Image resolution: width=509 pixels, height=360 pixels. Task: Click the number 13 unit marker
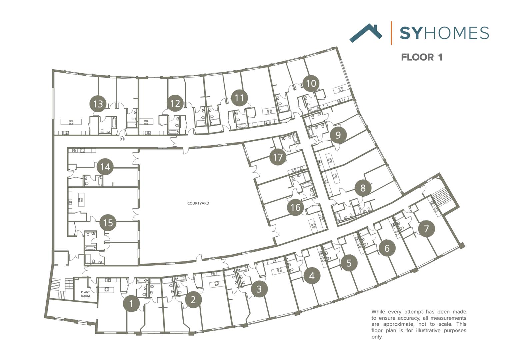tap(98, 104)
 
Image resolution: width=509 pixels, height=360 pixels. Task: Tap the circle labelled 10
tap(311, 83)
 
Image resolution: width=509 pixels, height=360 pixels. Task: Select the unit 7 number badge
tap(426, 229)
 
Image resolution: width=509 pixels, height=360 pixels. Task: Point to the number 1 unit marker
tap(131, 304)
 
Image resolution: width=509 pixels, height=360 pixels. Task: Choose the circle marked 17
tap(278, 157)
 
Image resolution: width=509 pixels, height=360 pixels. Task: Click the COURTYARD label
tap(198, 203)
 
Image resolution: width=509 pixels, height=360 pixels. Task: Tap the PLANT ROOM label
tap(85, 294)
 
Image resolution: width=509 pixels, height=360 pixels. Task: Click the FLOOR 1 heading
tap(421, 57)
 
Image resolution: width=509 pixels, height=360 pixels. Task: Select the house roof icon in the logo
tap(366, 33)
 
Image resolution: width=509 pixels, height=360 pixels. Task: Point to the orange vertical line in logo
tap(391, 33)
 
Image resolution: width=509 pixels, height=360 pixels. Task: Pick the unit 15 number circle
tap(108, 222)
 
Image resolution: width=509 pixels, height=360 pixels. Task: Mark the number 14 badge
tap(105, 167)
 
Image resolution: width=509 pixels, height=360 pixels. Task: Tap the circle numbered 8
tap(363, 188)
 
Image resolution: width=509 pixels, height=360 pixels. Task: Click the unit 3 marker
tap(259, 289)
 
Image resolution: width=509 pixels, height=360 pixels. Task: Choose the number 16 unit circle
tap(295, 207)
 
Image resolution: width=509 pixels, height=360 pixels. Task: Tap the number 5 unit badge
tap(349, 263)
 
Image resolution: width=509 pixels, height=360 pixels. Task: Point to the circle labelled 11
tap(239, 98)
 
